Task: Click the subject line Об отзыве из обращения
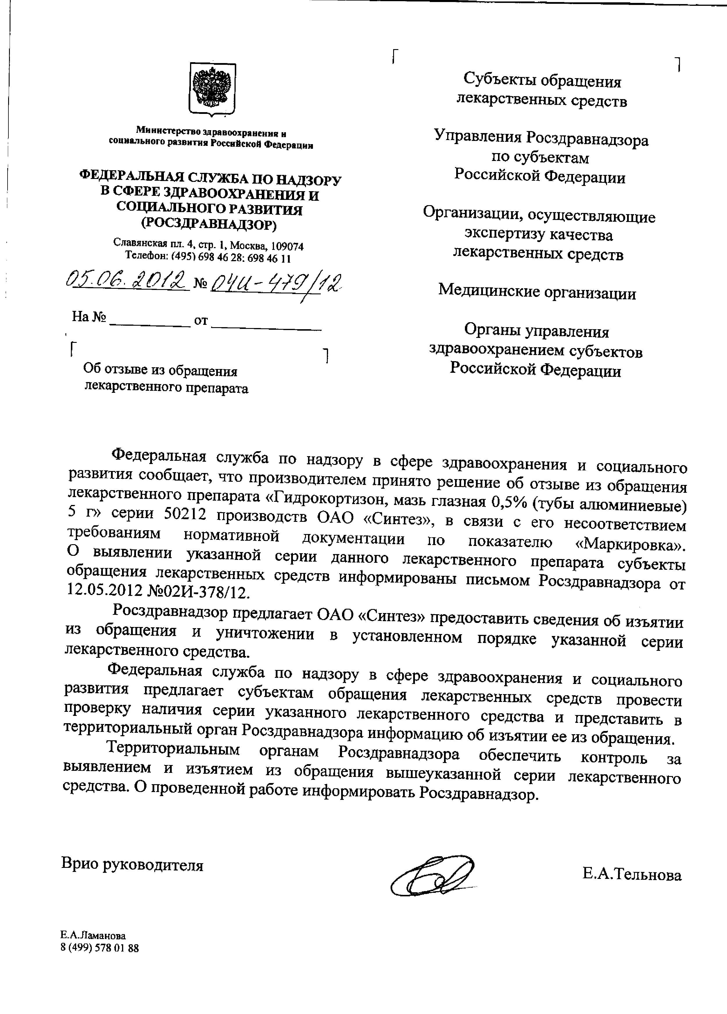pyautogui.click(x=160, y=371)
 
